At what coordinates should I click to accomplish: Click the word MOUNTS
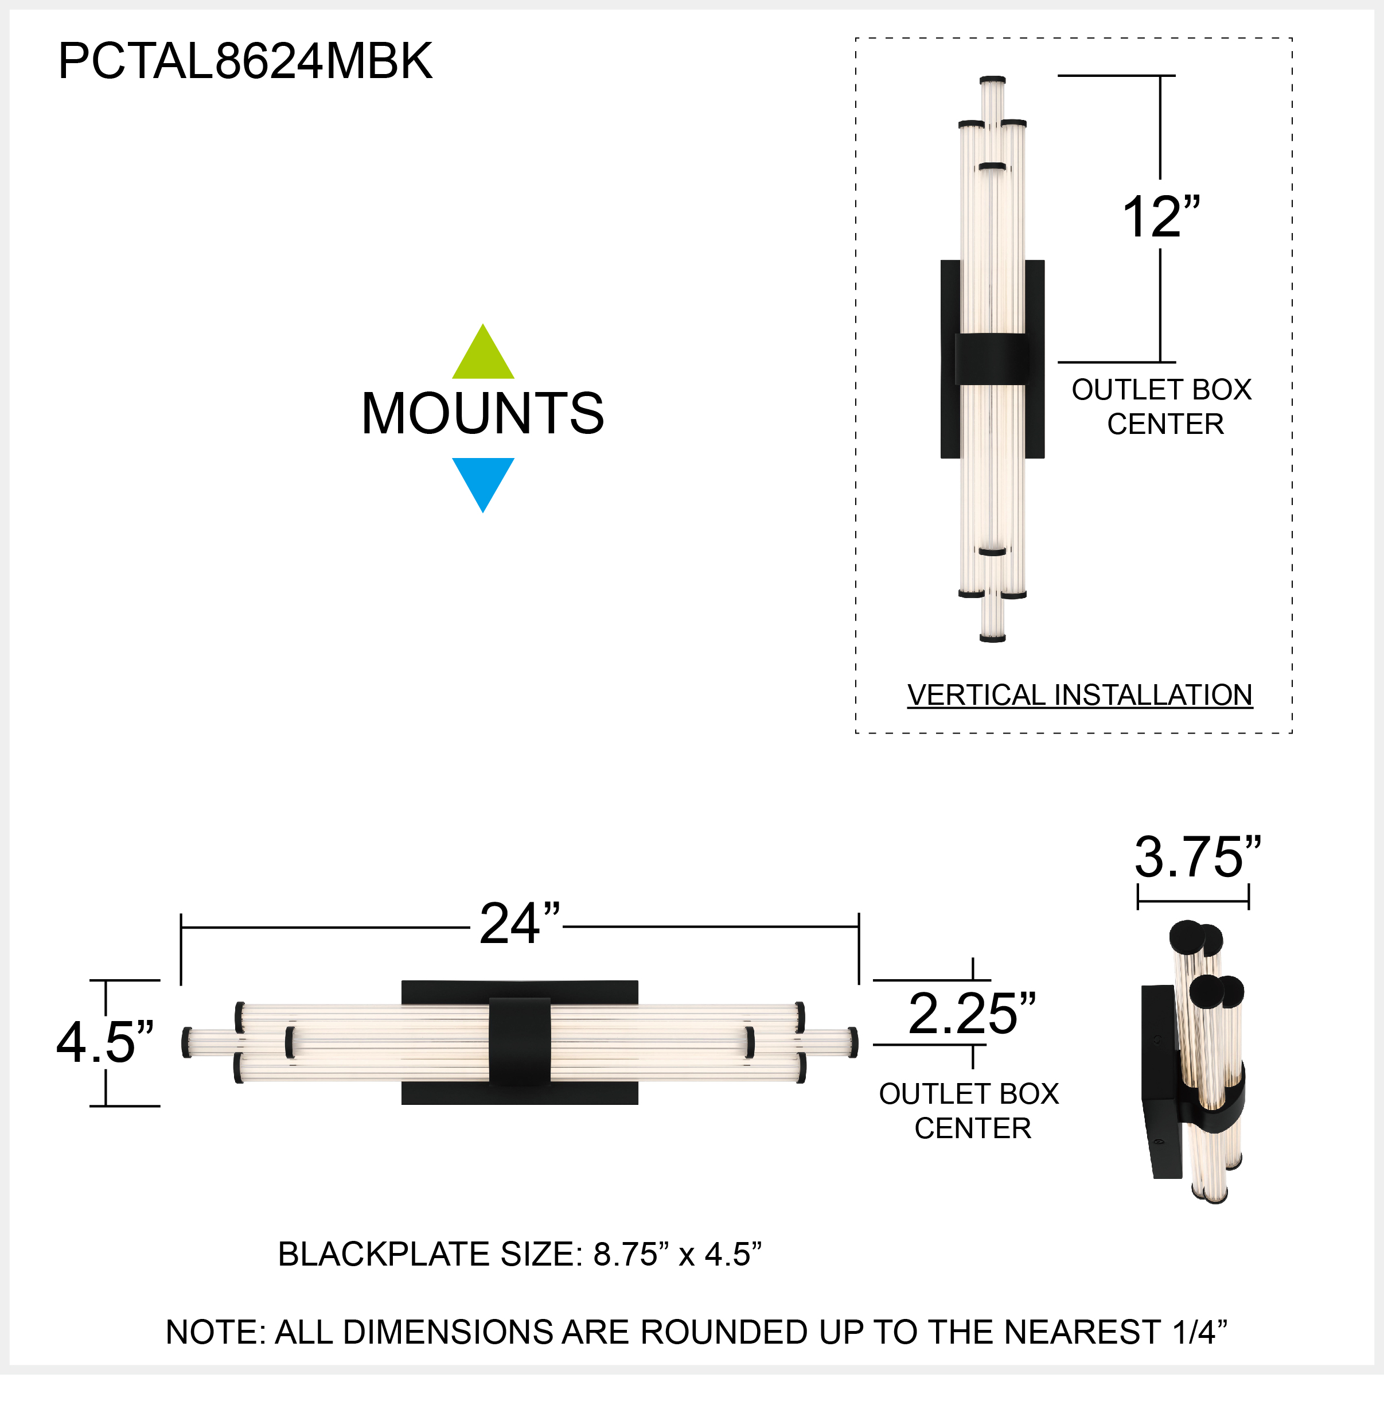(x=483, y=413)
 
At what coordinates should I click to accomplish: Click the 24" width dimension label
(x=520, y=924)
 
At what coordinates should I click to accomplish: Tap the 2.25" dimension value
(x=972, y=1013)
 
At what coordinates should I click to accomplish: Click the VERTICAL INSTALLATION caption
(x=1079, y=695)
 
